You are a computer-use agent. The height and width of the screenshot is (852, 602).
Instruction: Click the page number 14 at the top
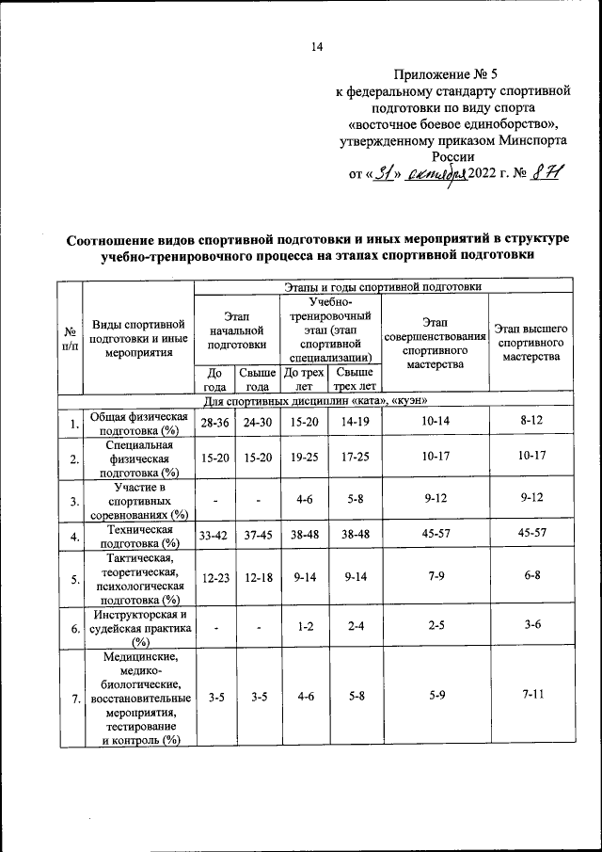(x=317, y=47)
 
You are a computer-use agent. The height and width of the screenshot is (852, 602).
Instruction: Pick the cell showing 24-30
(x=255, y=423)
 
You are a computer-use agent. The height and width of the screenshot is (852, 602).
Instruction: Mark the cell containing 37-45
(x=255, y=538)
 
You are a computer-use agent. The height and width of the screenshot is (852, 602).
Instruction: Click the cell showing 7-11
(x=531, y=697)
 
